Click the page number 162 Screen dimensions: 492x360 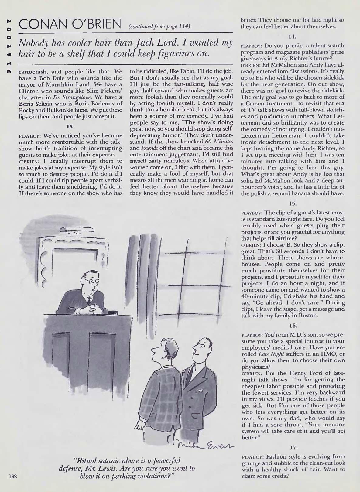click(12, 476)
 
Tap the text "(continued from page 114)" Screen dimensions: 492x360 click(159, 27)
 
